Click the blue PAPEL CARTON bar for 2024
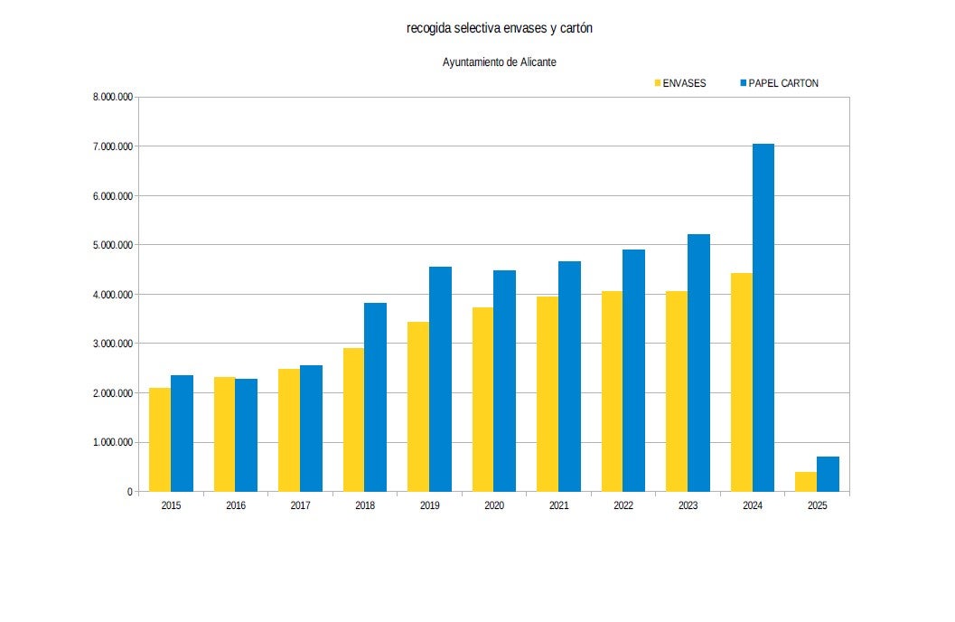tap(763, 317)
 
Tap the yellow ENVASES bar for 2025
tap(806, 481)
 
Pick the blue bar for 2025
tap(828, 474)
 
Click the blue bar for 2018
tap(375, 397)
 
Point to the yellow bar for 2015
tap(160, 439)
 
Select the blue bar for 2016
tap(246, 435)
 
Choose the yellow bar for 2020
tap(483, 399)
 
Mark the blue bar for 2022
tap(634, 371)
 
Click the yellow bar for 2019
tap(418, 406)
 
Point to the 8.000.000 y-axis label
tap(113, 97)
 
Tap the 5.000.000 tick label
tap(113, 245)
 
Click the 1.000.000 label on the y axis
tap(113, 442)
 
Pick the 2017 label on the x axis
tap(300, 506)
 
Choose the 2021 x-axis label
tap(558, 506)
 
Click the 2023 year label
tap(688, 506)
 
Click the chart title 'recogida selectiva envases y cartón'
tap(500, 29)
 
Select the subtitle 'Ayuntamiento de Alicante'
tap(499, 62)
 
